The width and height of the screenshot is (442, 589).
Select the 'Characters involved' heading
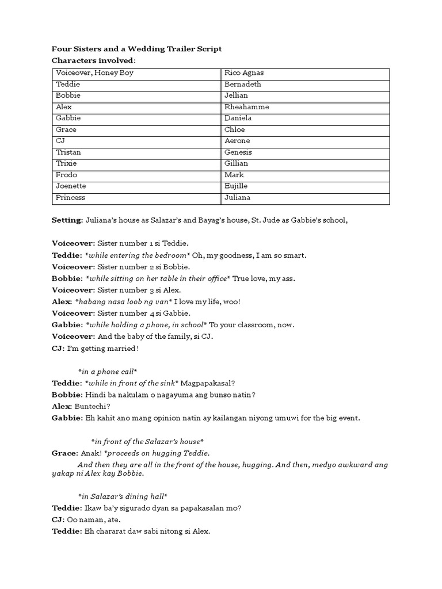click(x=94, y=60)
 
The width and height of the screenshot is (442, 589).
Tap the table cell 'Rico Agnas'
click(x=243, y=73)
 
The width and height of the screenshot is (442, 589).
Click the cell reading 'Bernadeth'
click(x=242, y=84)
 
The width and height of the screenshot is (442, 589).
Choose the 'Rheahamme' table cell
click(x=246, y=107)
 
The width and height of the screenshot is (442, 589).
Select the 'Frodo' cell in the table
click(x=66, y=175)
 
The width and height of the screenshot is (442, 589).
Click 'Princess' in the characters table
click(x=70, y=198)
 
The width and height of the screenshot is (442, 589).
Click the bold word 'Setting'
click(x=67, y=220)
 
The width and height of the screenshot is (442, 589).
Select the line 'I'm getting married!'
click(x=104, y=349)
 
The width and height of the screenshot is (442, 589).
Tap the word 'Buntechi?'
click(x=92, y=406)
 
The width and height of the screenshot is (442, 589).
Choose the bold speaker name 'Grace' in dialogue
click(x=64, y=453)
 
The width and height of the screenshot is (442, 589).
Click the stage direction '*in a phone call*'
click(x=107, y=372)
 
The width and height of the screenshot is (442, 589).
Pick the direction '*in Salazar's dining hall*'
click(x=123, y=496)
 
